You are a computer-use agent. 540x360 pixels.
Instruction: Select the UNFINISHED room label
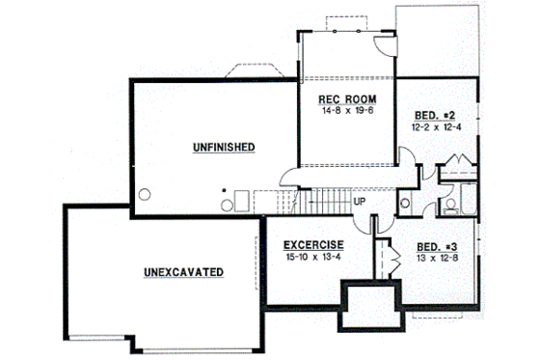tap(223, 147)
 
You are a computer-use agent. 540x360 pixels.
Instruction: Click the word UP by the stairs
tap(359, 202)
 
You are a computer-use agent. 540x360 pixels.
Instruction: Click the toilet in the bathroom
tap(449, 205)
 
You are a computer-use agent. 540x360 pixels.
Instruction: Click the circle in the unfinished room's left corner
tap(146, 191)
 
